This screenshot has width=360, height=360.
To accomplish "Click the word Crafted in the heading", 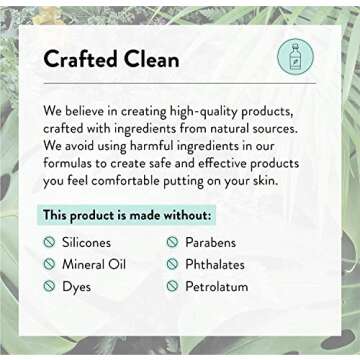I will (78, 59).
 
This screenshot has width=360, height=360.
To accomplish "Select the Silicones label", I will (87, 243).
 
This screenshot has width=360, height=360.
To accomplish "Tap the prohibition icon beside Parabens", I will (172, 243).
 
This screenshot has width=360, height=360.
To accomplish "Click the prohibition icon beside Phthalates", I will (172, 264).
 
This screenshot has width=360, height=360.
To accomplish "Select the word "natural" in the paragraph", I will (242, 131).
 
